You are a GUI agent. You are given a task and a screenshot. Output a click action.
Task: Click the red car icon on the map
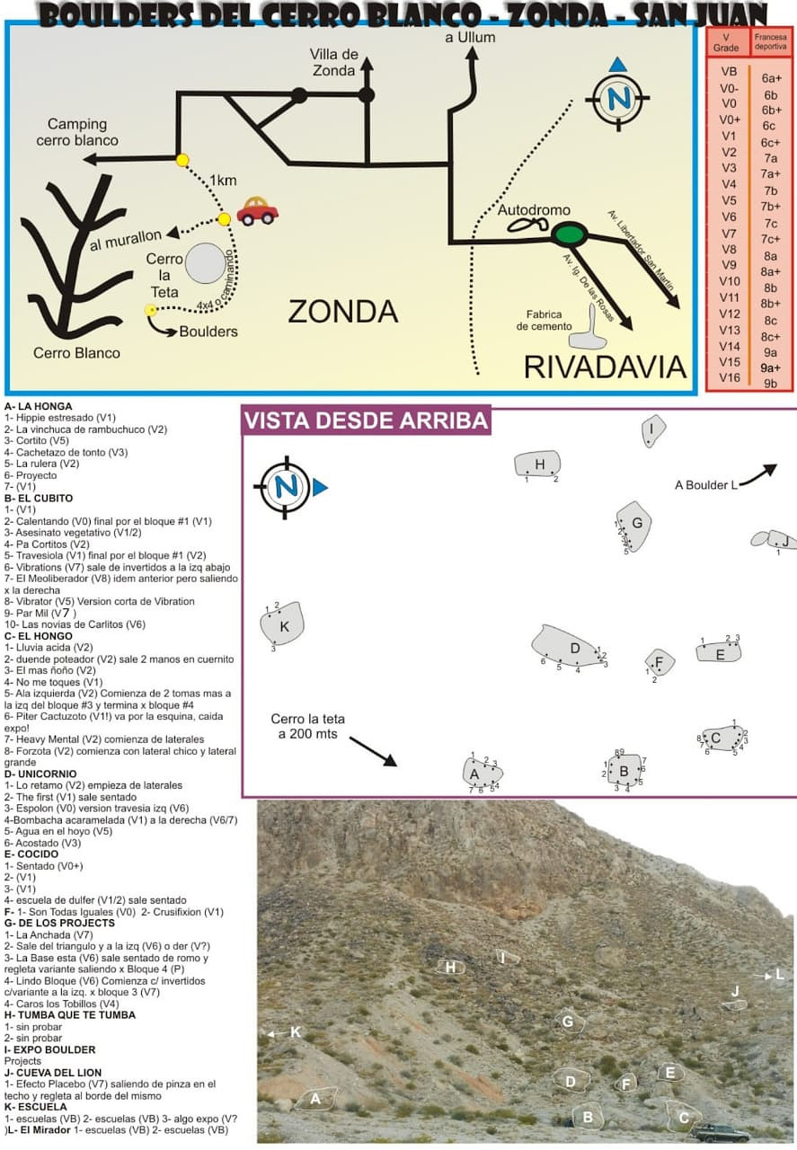point(257,210)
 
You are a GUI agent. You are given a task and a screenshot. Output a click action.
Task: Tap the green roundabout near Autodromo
point(569,234)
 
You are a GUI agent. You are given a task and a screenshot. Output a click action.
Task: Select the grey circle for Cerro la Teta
point(206,263)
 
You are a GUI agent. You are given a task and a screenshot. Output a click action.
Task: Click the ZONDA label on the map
point(342,311)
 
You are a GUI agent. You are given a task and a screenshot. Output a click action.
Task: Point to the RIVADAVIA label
point(605,367)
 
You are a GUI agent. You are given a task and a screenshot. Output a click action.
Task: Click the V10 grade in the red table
point(730,281)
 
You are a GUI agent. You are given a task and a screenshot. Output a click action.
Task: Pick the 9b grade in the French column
point(770,383)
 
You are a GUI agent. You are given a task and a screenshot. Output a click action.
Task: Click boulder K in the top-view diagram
point(282,623)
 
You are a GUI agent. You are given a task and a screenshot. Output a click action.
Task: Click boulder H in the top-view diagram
point(537,464)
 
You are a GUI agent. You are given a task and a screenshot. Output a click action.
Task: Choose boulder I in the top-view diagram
point(653,430)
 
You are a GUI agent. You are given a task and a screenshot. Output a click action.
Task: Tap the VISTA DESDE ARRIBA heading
point(366,420)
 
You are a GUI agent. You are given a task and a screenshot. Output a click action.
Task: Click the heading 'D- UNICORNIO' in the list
point(40,774)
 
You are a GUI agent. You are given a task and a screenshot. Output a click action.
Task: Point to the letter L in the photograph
point(779,974)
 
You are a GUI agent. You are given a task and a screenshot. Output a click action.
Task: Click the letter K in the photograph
point(296,1031)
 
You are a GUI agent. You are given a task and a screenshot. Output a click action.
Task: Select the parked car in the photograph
point(719,1131)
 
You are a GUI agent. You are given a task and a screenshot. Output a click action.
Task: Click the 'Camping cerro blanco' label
point(77,132)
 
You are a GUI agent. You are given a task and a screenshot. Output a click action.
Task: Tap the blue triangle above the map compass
point(618,64)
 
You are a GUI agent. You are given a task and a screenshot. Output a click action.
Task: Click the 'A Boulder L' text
point(705,484)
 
